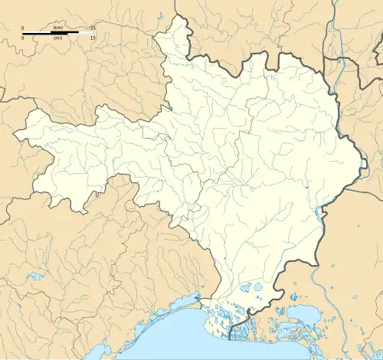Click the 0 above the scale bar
click(x=23, y=27)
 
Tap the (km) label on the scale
click(x=57, y=27)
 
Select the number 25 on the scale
click(x=92, y=27)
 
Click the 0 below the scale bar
click(x=23, y=38)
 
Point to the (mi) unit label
click(x=57, y=38)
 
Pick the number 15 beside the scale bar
click(x=92, y=38)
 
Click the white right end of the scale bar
click(x=85, y=32)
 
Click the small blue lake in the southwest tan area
click(x=34, y=276)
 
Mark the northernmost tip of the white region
click(x=182, y=17)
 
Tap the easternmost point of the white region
click(x=361, y=165)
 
